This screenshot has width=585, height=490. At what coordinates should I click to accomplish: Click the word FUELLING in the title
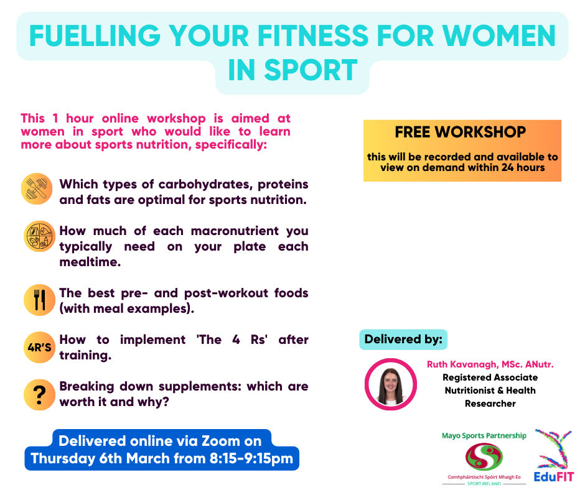pos(95,36)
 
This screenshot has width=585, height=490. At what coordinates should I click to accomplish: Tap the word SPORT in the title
pos(311,70)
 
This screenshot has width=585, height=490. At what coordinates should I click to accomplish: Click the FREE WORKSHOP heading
pos(461,132)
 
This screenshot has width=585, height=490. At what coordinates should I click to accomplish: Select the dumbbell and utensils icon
pos(37,188)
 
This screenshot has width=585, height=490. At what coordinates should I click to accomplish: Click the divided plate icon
pos(40,236)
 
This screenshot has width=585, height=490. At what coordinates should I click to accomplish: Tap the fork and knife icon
pos(40,300)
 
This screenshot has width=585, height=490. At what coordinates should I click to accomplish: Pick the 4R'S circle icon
pos(40,347)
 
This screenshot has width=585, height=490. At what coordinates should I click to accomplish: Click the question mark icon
pos(40,395)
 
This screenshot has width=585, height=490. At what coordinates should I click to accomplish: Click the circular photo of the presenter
pos(391,384)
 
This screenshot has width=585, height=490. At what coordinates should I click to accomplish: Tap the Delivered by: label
pos(403,340)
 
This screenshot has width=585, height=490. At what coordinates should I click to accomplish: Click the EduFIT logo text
pos(554,476)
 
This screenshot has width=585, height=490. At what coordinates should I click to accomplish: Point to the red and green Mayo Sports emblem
pos(484,457)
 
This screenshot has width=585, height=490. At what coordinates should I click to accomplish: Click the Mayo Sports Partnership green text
pos(484,435)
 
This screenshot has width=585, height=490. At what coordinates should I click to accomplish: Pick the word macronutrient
pos(235,231)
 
